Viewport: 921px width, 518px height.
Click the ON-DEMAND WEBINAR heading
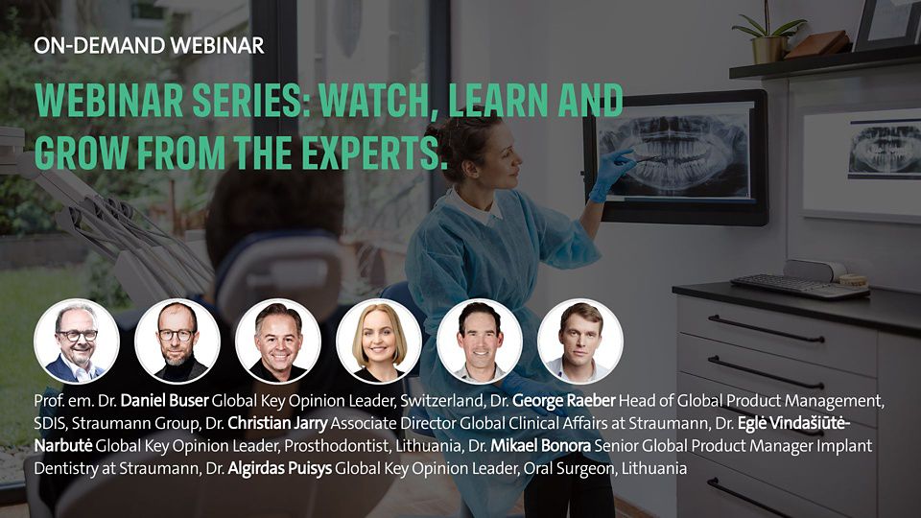click(150, 46)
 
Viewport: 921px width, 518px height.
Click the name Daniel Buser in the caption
click(164, 401)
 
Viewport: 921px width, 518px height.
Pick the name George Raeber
click(564, 401)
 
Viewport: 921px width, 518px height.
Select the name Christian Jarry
click(277, 423)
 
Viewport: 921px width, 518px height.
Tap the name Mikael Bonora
click(540, 446)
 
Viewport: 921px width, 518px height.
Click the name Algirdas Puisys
click(279, 469)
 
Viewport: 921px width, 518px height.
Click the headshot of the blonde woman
click(379, 341)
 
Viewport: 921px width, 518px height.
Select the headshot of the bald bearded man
click(177, 341)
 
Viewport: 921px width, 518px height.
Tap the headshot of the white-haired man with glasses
click(77, 341)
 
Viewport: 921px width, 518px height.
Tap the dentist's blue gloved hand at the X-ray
click(611, 174)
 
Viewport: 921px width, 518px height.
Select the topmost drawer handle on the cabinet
click(766, 329)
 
